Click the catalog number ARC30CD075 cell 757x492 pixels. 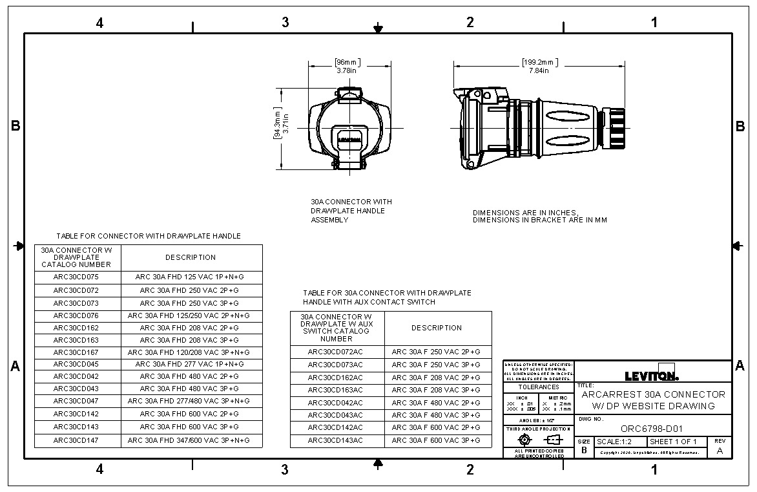(x=76, y=277)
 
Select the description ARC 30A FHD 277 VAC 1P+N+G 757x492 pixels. (x=190, y=364)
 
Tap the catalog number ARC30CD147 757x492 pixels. (x=76, y=440)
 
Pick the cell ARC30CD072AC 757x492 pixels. (x=336, y=352)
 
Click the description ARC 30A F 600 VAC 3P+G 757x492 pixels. (x=436, y=440)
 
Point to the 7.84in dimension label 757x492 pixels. (x=539, y=70)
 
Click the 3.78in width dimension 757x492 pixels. (x=347, y=70)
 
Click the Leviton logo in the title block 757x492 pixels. (x=652, y=376)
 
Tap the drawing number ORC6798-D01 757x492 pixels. (x=651, y=429)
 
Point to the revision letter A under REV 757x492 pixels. (x=720, y=451)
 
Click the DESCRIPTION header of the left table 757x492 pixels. (x=190, y=257)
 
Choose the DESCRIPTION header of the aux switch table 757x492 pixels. (x=436, y=328)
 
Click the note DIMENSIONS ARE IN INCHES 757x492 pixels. (x=525, y=213)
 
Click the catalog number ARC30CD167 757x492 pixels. (x=76, y=352)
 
